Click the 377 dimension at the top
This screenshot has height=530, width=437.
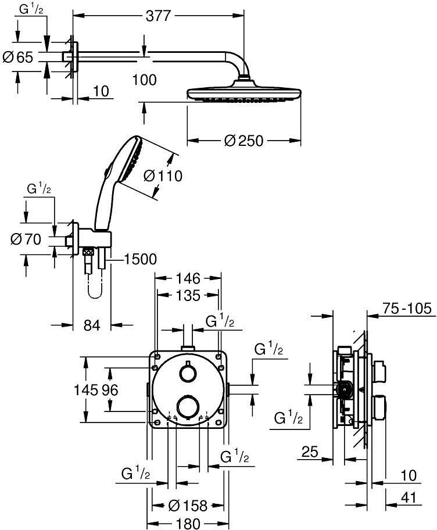pos(159,16)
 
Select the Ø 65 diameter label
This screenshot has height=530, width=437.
pos(18,57)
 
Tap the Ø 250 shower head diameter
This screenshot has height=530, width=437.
pos(243,141)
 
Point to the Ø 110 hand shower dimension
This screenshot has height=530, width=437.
pos(163,176)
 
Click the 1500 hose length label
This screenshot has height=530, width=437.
pos(140,259)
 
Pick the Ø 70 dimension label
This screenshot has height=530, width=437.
pos(26,239)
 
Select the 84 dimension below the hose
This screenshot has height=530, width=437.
pos(92,325)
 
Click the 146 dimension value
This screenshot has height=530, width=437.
pos(188,278)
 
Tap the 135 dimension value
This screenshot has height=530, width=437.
pos(188,296)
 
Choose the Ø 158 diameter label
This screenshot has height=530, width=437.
pos(188,506)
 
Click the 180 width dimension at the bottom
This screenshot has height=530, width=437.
pos(188,523)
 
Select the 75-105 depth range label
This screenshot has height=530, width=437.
pos(407,308)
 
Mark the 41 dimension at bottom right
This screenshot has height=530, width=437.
pos(409,498)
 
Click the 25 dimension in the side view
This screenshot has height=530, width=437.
pos(310,452)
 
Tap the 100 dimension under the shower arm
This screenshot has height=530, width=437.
pos(144,80)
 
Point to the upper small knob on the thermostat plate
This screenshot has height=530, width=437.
pos(188,373)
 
